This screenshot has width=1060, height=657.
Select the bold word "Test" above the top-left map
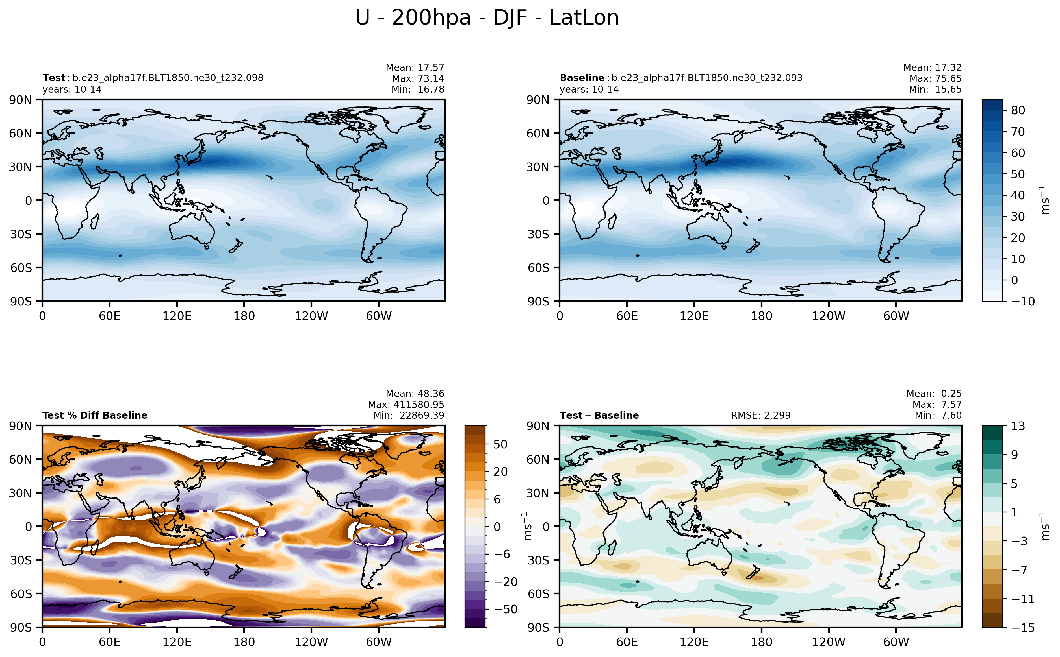53,78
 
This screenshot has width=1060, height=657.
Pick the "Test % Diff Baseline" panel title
95,415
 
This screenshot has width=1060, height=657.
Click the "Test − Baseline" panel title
599,415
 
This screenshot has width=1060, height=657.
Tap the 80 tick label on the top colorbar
1018,110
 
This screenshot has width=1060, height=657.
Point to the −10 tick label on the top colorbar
1023,302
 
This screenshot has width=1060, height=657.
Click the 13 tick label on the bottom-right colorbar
1018,426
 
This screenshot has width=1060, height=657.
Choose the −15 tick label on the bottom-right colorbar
1023,627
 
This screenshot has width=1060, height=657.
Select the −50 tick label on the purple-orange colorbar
506,609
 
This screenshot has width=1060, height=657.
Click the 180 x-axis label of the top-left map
244,316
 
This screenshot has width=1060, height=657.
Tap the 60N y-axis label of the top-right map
537,133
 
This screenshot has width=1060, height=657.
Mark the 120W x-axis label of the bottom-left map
311,642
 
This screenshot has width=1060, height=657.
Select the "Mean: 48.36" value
415,394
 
